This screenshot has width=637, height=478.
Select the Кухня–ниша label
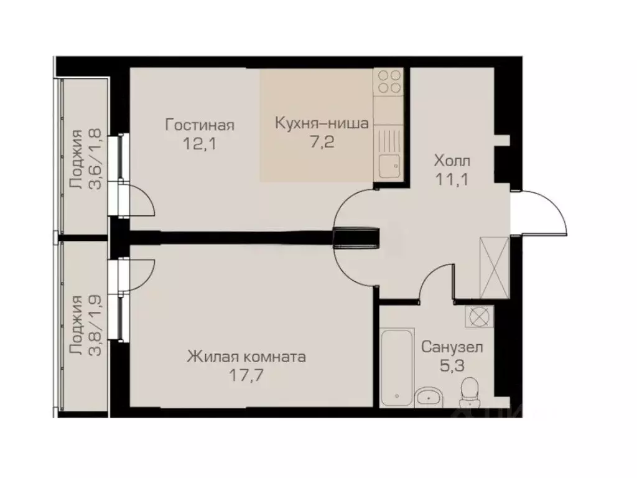322,123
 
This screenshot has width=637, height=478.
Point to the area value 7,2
322,142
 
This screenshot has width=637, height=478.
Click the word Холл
452,161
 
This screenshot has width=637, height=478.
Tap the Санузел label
452,347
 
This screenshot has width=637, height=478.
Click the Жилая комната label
246,357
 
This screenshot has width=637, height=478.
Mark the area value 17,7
246,376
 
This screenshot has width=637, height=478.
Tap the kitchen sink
389,166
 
